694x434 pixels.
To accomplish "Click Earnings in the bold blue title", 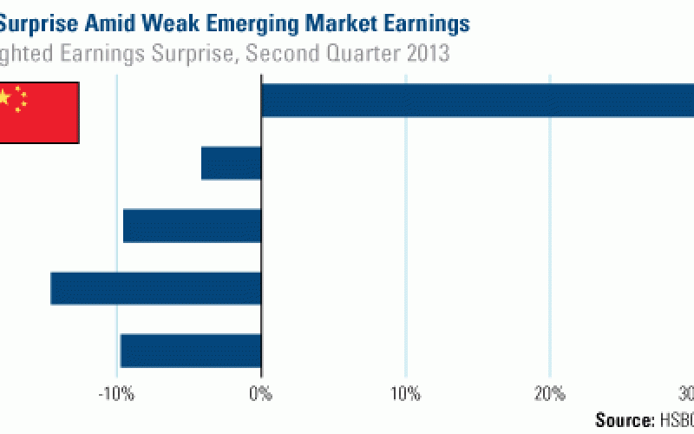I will pyautogui.click(x=429, y=23).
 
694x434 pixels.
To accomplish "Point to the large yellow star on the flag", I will pyautogui.click(x=4, y=97).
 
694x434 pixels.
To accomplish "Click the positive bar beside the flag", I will pyautogui.click(x=477, y=100).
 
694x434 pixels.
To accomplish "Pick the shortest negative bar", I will pyautogui.click(x=232, y=163).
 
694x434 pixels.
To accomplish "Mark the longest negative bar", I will pyautogui.click(x=156, y=288).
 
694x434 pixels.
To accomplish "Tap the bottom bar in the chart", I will pyautogui.click(x=191, y=350).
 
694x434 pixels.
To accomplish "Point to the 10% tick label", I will pyautogui.click(x=406, y=393).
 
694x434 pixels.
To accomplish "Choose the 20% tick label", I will pyautogui.click(x=550, y=393).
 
